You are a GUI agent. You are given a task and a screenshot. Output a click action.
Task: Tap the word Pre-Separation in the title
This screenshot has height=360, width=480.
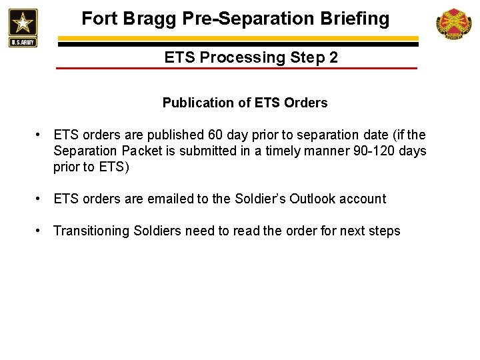[251, 19]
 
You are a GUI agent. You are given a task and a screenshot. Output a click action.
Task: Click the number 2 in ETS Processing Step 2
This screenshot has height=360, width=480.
[333, 57]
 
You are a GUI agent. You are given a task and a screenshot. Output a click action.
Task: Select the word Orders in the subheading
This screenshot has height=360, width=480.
[305, 103]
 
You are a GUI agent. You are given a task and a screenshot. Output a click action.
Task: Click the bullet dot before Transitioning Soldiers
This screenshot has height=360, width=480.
[41, 231]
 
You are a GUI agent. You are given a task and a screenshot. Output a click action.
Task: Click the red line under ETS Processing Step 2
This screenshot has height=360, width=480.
[237, 69]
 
